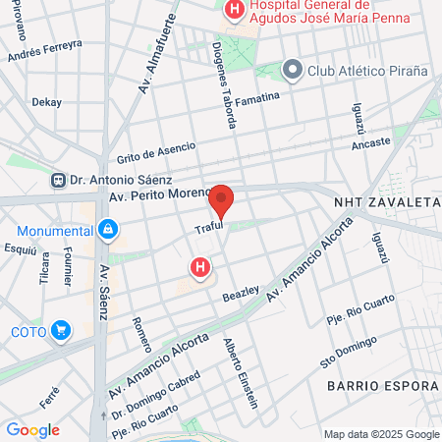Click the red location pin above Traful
pyautogui.click(x=222, y=200)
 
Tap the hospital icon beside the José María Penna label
pyautogui.click(x=235, y=11)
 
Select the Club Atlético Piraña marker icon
pyautogui.click(x=292, y=70)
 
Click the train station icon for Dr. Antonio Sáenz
pyautogui.click(x=61, y=180)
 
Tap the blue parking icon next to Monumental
pyautogui.click(x=107, y=231)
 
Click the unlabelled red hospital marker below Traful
pyautogui.click(x=200, y=267)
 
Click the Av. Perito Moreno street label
pyautogui.click(x=158, y=196)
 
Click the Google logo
pyautogui.click(x=32, y=429)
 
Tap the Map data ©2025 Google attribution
pyautogui.click(x=382, y=434)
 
